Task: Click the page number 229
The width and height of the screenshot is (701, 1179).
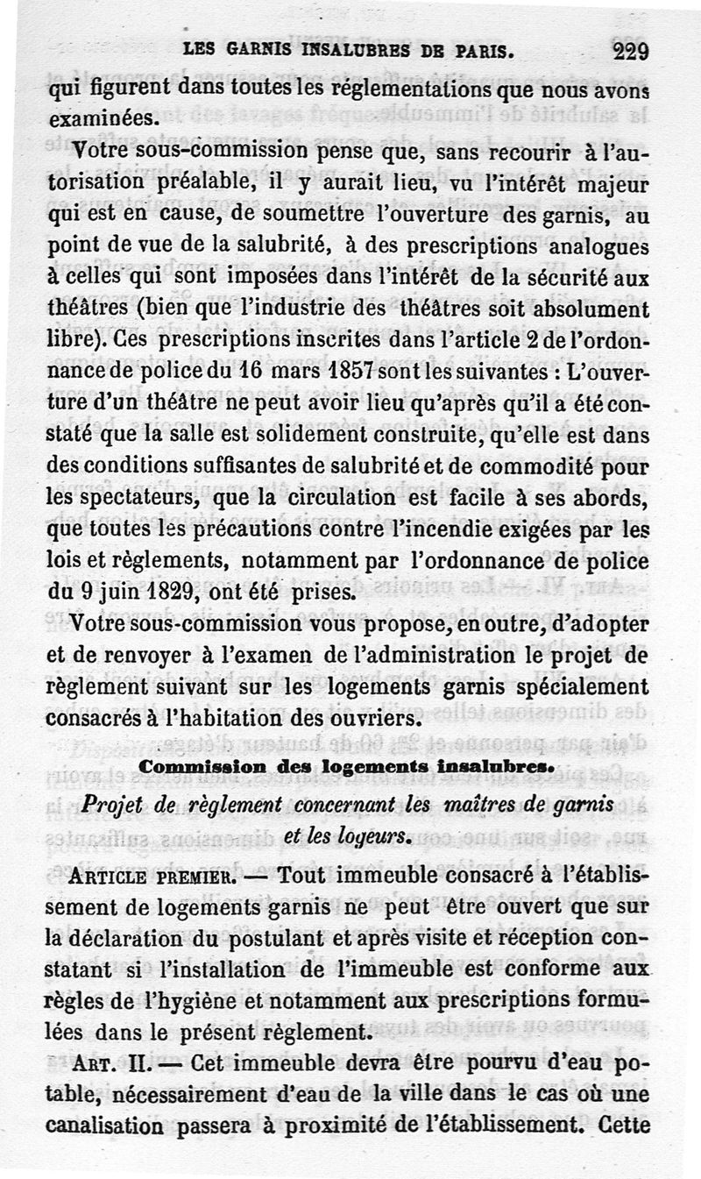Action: click(631, 51)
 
